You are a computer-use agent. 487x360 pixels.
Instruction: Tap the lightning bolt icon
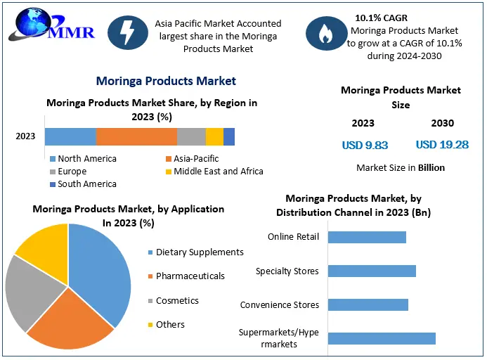pos(126,33)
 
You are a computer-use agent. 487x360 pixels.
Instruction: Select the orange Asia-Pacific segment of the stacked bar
pos(136,136)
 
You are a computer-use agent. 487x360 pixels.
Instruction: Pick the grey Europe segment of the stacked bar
pos(191,136)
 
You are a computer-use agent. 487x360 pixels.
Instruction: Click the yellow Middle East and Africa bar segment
pos(214,136)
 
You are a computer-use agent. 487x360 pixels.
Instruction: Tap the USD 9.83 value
pos(365,146)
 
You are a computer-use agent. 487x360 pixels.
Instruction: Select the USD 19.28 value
pos(442,145)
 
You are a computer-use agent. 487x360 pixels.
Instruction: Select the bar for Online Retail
pos(367,237)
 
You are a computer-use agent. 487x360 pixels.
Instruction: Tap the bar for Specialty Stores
pos(372,271)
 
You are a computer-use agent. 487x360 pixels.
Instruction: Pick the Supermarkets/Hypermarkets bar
pos(382,338)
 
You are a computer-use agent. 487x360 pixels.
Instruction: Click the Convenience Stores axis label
pos(280,305)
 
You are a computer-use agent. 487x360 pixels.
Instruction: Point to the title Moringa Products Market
pos(166,81)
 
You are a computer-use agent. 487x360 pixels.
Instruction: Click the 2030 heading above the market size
pos(442,123)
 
